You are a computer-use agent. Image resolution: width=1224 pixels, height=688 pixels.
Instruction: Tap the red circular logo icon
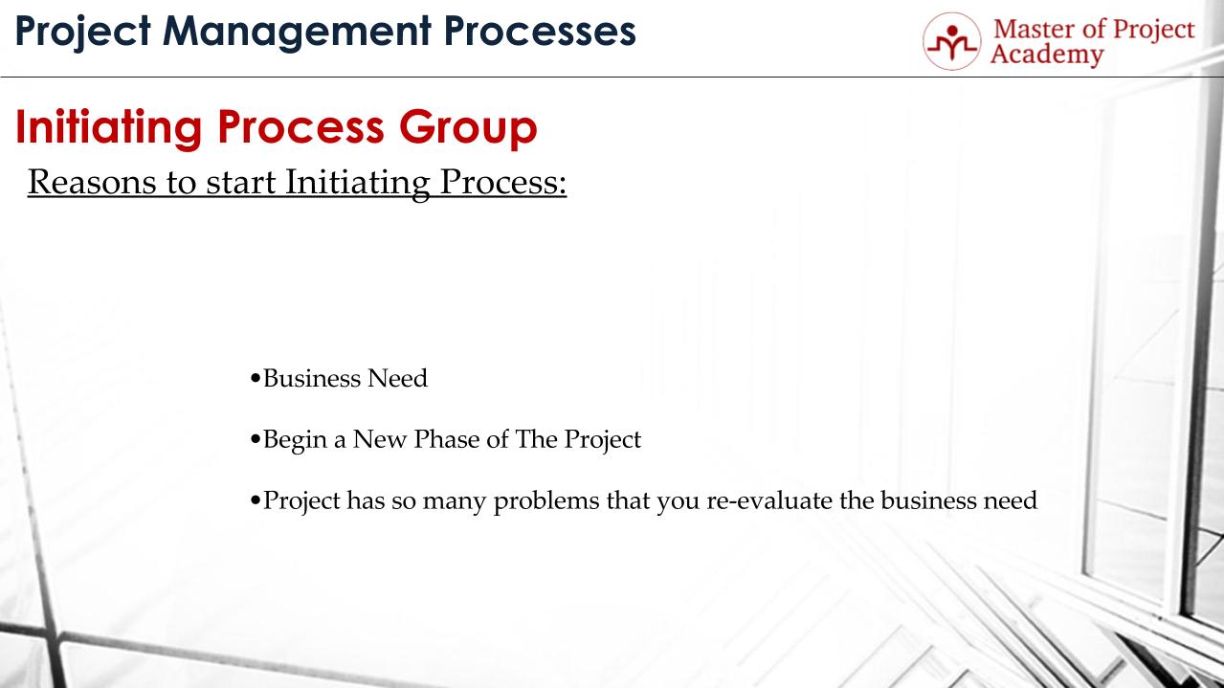tap(951, 41)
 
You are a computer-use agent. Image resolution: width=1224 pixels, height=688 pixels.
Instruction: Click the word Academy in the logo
tap(1047, 55)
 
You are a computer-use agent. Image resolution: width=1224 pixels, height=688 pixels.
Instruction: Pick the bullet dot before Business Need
tap(255, 380)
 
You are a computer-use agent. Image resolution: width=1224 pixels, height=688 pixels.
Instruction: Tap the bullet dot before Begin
tap(255, 441)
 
